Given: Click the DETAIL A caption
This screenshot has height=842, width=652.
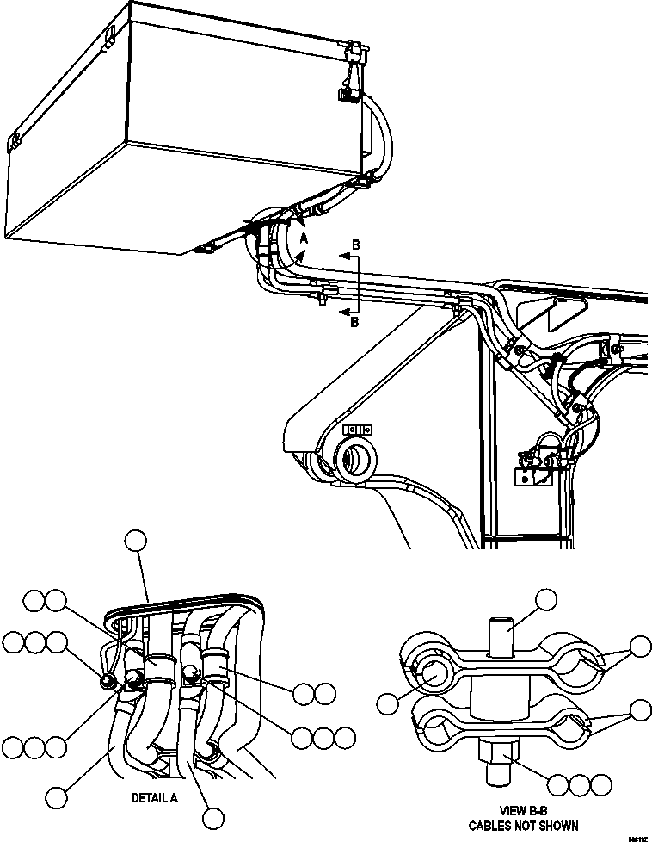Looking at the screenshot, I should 154,798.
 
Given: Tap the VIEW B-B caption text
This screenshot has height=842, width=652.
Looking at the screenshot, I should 523,810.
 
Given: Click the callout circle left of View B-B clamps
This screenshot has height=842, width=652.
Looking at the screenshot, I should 388,702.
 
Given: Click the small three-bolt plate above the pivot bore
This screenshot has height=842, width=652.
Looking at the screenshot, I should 356,428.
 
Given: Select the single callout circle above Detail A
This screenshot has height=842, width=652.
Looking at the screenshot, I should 136,541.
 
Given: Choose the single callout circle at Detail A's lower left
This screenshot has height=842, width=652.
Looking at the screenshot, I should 58,796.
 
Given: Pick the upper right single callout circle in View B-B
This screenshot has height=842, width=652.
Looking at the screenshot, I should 640,648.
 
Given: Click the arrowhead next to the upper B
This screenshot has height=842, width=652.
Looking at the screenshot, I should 341,256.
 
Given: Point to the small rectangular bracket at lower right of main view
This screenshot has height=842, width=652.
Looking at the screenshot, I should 525,475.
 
